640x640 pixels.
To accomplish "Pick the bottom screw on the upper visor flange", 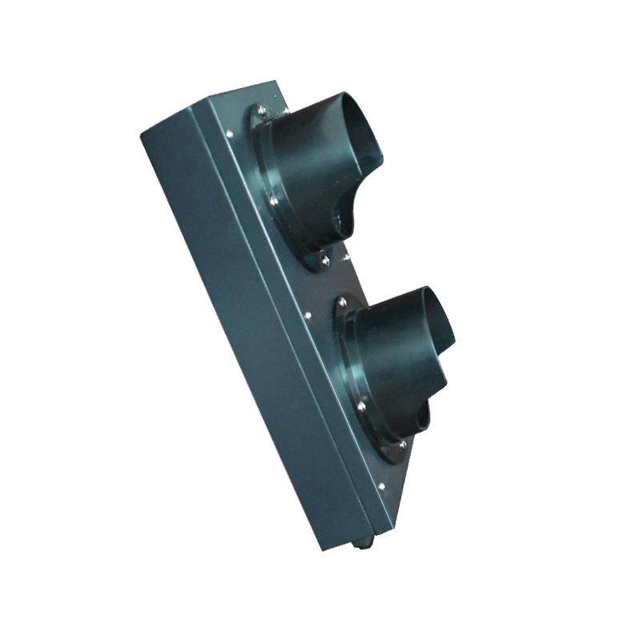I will point(324,260).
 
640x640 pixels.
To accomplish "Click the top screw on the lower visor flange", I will point(342,302).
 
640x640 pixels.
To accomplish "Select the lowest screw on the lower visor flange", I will point(401,443).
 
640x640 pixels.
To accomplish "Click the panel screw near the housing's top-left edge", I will point(230,134).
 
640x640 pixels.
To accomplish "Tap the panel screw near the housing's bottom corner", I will point(380,485).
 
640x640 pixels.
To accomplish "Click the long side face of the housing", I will point(240,320).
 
